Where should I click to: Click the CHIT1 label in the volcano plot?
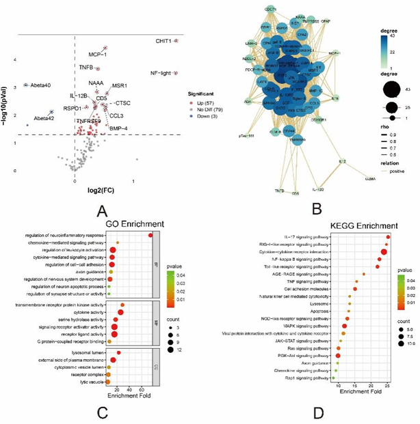162,42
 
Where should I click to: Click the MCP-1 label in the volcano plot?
98,53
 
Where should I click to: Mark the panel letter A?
102,210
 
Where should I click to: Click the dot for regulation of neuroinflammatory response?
150,236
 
